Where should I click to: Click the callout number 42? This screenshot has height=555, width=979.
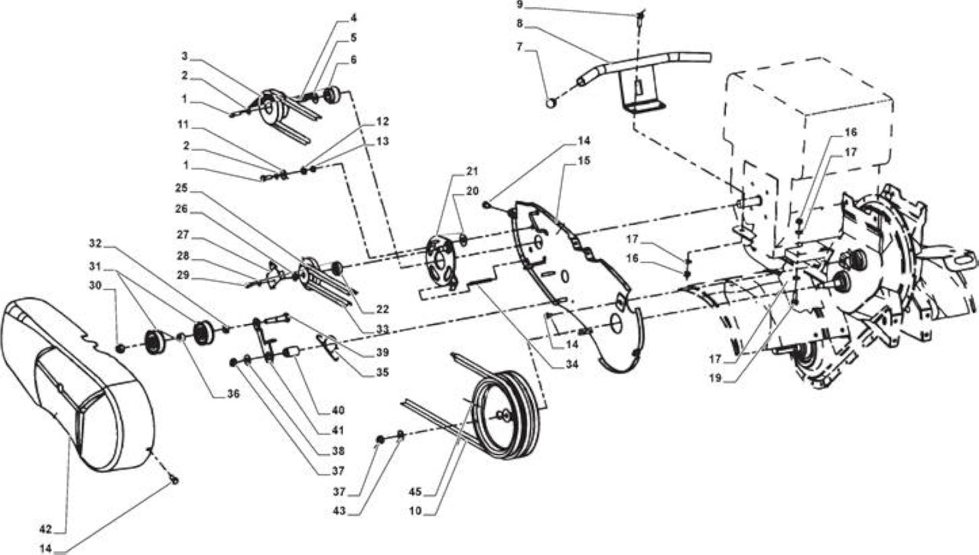pos(45,529)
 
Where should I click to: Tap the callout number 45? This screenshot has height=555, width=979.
pos(415,492)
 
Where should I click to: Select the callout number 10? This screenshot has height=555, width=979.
pos(415,511)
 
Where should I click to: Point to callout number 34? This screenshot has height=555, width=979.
pos(571,364)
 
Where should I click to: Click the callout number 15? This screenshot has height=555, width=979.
pos(584,161)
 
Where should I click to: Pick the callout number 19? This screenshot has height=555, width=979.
pos(715,378)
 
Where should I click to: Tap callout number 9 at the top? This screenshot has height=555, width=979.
pos(519,5)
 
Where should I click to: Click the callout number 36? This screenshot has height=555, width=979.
pos(233,394)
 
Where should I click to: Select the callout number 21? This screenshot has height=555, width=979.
pos(472,171)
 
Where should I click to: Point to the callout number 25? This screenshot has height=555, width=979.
pos(181,188)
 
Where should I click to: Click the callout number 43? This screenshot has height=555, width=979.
pos(340,511)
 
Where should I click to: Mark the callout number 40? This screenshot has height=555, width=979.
pos(338,410)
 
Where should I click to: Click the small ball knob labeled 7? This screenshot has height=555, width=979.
pos(551,103)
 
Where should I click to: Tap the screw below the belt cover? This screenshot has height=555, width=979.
pos(175,480)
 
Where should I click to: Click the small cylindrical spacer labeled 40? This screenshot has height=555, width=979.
pos(292,352)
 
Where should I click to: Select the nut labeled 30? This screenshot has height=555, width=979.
pos(120,349)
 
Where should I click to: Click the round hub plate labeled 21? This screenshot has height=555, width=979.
pos(441,261)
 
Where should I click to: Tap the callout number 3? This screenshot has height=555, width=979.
pos(184,56)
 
